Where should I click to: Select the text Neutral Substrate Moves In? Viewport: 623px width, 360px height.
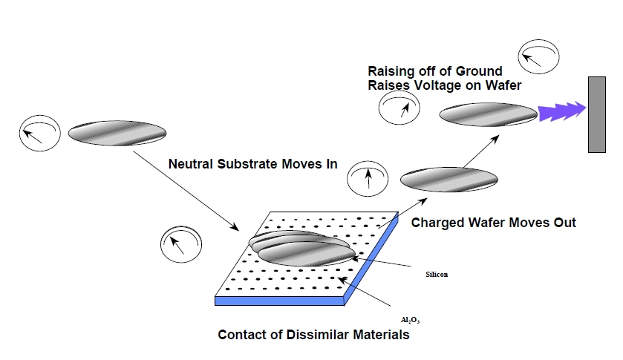pyautogui.click(x=252, y=164)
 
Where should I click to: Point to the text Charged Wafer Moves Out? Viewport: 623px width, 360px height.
pyautogui.click(x=493, y=222)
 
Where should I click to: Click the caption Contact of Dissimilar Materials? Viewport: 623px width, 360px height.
pyautogui.click(x=313, y=335)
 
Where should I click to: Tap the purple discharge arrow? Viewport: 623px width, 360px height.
pyautogui.click(x=562, y=113)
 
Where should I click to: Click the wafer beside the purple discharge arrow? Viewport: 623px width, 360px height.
pyautogui.click(x=488, y=114)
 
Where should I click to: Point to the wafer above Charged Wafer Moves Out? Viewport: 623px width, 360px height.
pyautogui.click(x=449, y=179)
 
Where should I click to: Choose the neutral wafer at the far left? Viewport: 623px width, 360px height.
pyautogui.click(x=117, y=134)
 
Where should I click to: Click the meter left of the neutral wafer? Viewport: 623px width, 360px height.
pyautogui.click(x=38, y=134)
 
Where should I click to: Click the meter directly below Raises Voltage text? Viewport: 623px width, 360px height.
pyautogui.click(x=399, y=109)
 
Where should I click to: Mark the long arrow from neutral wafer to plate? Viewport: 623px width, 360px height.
pyautogui.click(x=186, y=189)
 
